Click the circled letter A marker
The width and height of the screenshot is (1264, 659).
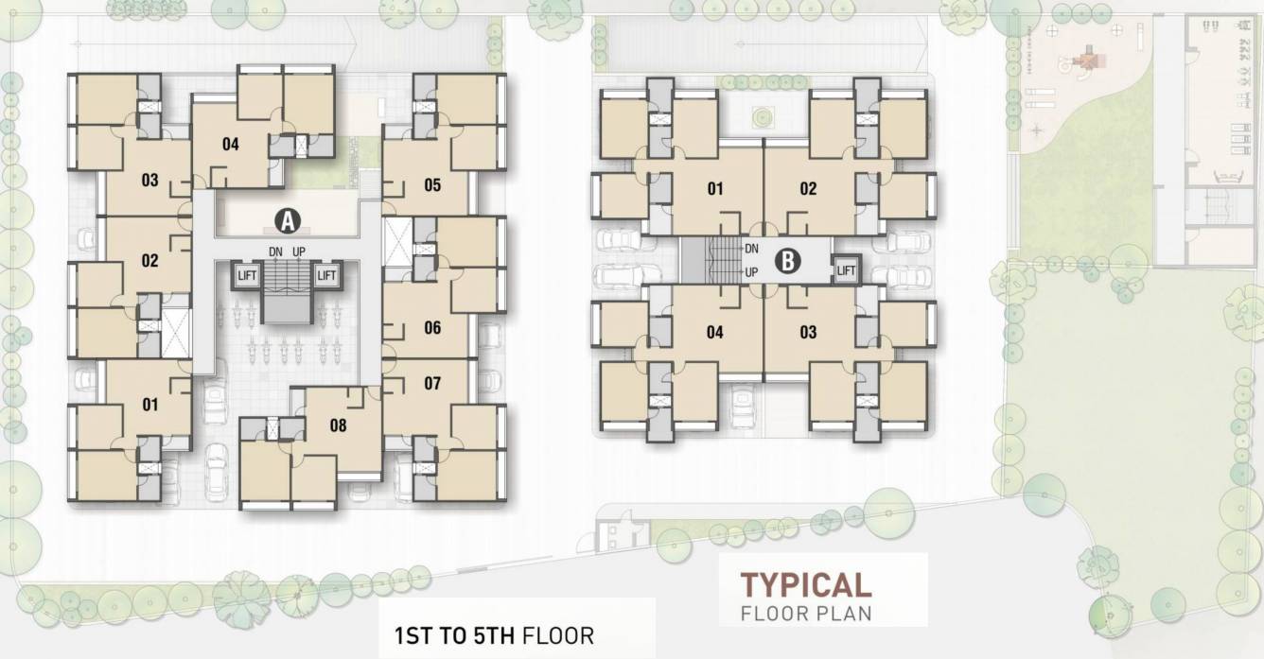pos(287,221)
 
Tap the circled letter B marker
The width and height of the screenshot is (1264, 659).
pos(787,261)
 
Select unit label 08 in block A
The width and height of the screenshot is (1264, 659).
pos(338,425)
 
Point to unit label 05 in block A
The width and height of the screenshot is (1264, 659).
pos(432,185)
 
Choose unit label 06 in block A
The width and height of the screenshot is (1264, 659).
pos(432,328)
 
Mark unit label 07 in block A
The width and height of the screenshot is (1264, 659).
pos(432,383)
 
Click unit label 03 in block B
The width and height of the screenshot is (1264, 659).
pos(808,332)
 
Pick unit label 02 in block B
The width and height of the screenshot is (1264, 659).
pos(808,188)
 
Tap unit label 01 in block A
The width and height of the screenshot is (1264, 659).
pos(149,405)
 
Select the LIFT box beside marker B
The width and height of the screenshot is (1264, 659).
pos(846,270)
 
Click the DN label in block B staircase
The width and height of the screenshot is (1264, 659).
pos(751,249)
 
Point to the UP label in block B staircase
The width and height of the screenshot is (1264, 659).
pos(751,272)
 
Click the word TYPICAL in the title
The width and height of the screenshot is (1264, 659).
pos(805,583)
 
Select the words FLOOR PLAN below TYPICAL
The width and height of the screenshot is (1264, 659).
pos(806,613)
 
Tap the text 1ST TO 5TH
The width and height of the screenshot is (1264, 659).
pos(454,633)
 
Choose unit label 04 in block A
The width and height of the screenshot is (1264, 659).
pos(230,145)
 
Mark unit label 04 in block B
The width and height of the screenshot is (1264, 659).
pos(714,332)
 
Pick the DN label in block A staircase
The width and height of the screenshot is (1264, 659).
pos(275,251)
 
